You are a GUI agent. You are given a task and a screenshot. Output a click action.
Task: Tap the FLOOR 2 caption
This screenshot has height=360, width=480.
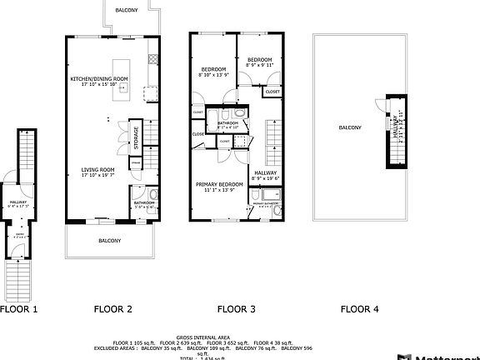coord(112,308)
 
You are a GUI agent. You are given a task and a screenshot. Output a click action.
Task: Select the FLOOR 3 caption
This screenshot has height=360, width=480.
coord(236,308)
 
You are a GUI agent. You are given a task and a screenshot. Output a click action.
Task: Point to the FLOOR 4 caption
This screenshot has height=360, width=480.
coord(359,308)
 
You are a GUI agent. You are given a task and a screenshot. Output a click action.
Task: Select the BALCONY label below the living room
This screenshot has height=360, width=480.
coord(110,240)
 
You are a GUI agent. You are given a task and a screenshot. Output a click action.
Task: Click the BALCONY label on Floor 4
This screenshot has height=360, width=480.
coord(350,127)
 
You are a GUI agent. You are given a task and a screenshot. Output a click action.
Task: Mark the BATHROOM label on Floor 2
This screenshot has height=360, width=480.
coord(144,203)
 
